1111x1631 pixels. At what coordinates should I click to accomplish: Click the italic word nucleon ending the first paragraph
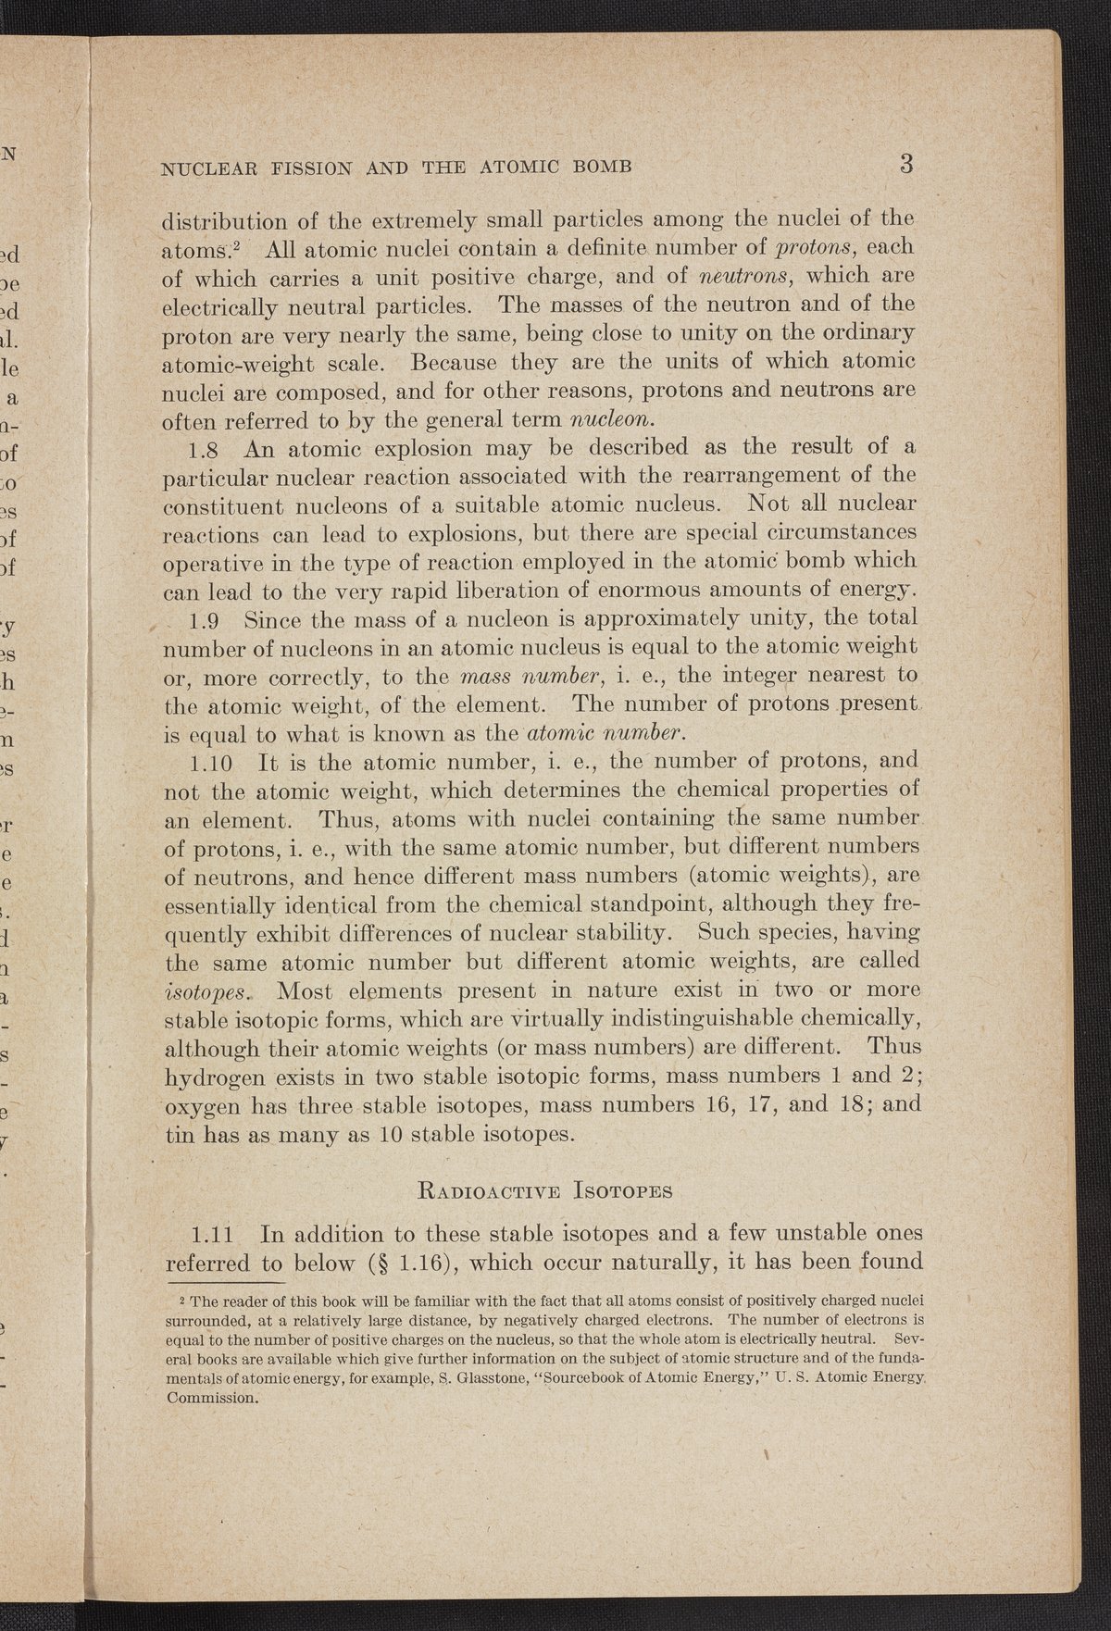(x=610, y=418)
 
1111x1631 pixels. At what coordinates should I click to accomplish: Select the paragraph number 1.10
(x=215, y=763)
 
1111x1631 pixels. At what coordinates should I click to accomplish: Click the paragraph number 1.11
(x=215, y=1234)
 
